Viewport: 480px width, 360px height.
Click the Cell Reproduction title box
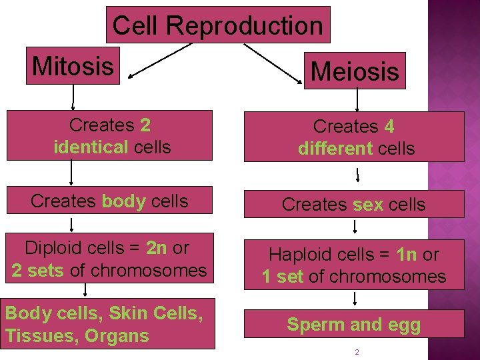click(x=218, y=25)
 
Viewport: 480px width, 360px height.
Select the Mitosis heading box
click(x=73, y=66)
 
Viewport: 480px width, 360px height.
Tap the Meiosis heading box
click(x=355, y=71)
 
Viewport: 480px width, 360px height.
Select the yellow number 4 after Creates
click(x=389, y=127)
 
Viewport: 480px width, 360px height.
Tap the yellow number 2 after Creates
click(x=145, y=125)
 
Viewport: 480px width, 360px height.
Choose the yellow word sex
click(x=368, y=205)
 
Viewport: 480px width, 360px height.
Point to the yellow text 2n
click(x=157, y=248)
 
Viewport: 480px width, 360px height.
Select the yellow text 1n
click(x=406, y=255)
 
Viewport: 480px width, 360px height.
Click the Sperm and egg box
click(x=353, y=325)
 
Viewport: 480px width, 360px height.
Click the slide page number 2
click(x=357, y=351)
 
